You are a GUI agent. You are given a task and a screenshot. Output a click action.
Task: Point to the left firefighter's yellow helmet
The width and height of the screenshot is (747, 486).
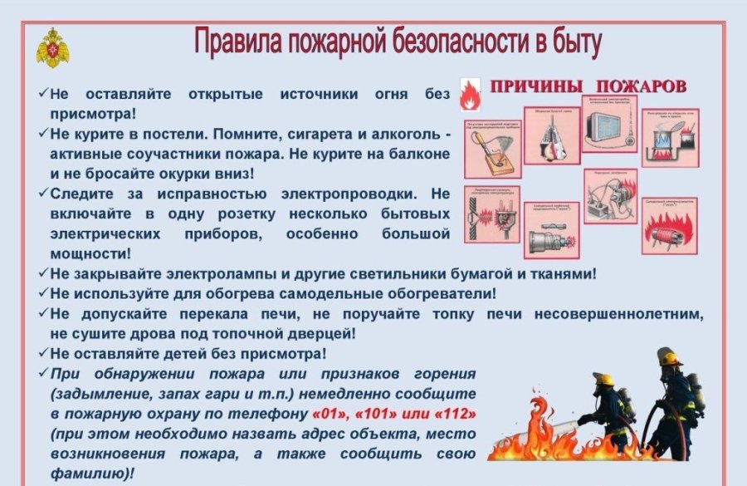604,380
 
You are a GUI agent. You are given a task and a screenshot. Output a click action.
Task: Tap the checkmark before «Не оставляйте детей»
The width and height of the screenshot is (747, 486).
43,353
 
